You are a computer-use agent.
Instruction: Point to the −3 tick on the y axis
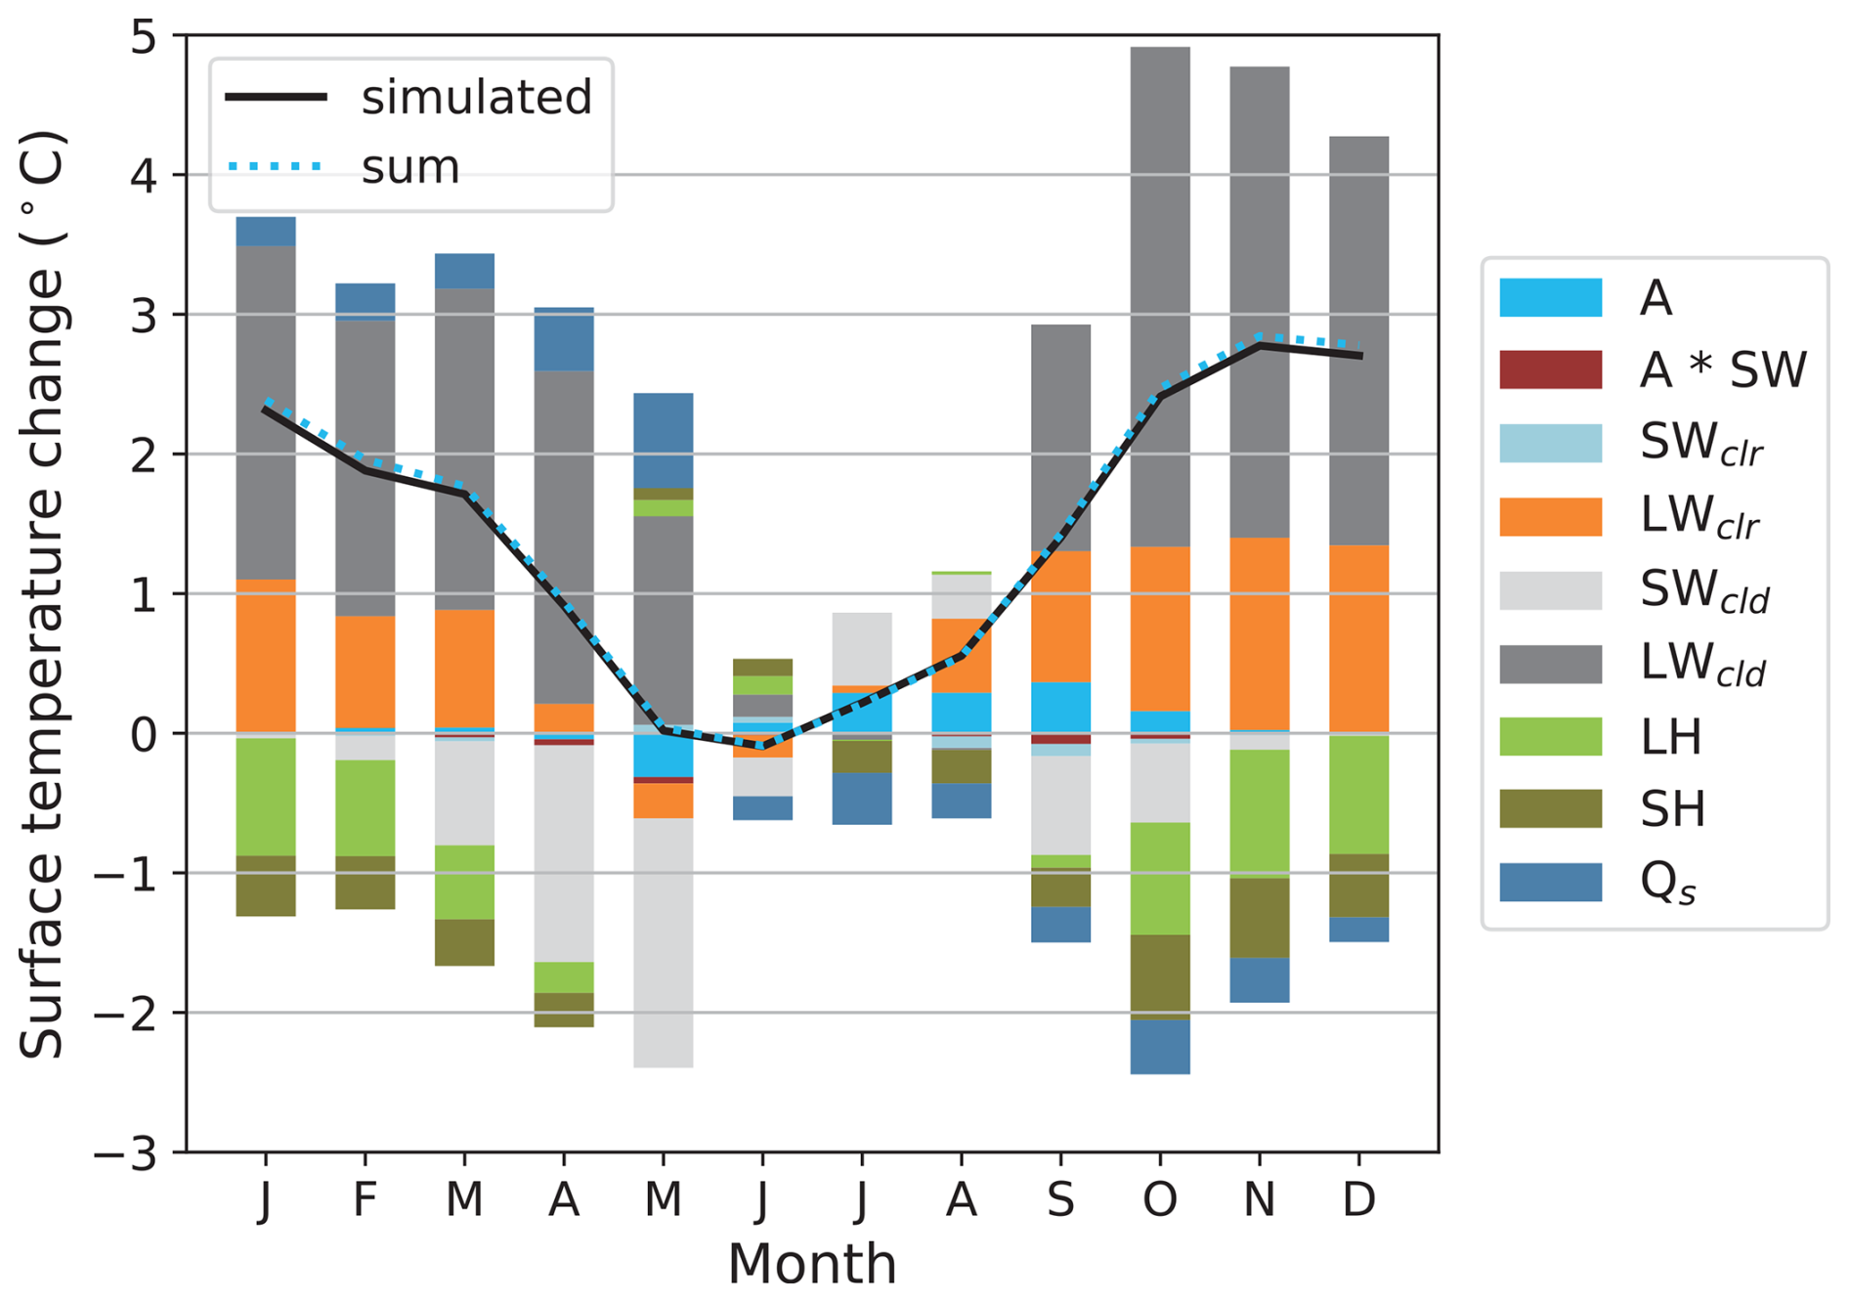pyautogui.click(x=125, y=1153)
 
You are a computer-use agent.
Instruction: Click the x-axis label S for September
pyautogui.click(x=1060, y=1199)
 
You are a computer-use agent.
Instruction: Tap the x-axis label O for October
pyautogui.click(x=1160, y=1199)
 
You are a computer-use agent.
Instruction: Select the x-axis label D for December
pyautogui.click(x=1358, y=1199)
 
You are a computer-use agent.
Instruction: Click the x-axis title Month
pyautogui.click(x=811, y=1263)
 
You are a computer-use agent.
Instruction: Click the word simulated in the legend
pyautogui.click(x=476, y=98)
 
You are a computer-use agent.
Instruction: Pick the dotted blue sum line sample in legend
pyautogui.click(x=275, y=167)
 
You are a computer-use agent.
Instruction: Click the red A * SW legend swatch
pyautogui.click(x=1550, y=369)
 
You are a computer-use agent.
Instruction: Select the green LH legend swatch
pyautogui.click(x=1550, y=736)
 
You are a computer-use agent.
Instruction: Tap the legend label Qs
pyautogui.click(x=1667, y=883)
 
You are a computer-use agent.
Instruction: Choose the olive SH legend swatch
pyautogui.click(x=1550, y=808)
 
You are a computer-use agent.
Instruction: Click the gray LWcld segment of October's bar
pyautogui.click(x=1160, y=293)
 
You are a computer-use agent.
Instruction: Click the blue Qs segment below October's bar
pyautogui.click(x=1160, y=1047)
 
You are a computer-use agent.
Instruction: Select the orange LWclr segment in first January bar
pyautogui.click(x=266, y=655)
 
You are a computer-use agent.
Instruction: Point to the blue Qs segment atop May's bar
pyautogui.click(x=664, y=440)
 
